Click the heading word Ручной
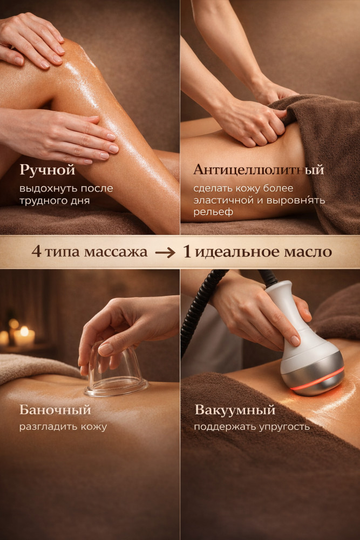coord(47,170)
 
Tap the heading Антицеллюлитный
coord(259,170)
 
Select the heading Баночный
coord(55,410)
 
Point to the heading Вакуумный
coord(235,410)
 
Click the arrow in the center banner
coord(165,253)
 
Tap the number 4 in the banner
coord(36,252)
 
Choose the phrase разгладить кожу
coord(63,427)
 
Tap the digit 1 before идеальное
coord(187,252)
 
